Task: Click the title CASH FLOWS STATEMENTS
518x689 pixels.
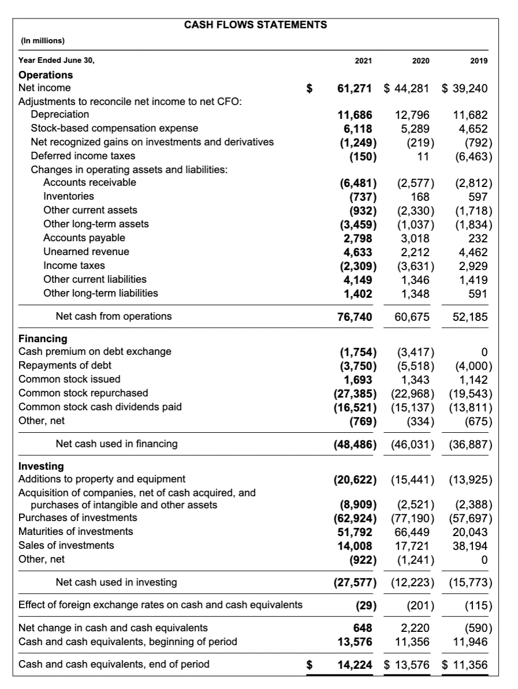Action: coord(255,25)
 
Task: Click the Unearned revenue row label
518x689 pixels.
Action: coord(87,252)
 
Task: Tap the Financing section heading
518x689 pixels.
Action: coord(43,339)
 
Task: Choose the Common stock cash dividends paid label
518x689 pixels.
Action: coord(100,407)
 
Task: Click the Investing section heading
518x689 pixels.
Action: coord(42,466)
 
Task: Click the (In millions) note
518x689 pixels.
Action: coord(43,41)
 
